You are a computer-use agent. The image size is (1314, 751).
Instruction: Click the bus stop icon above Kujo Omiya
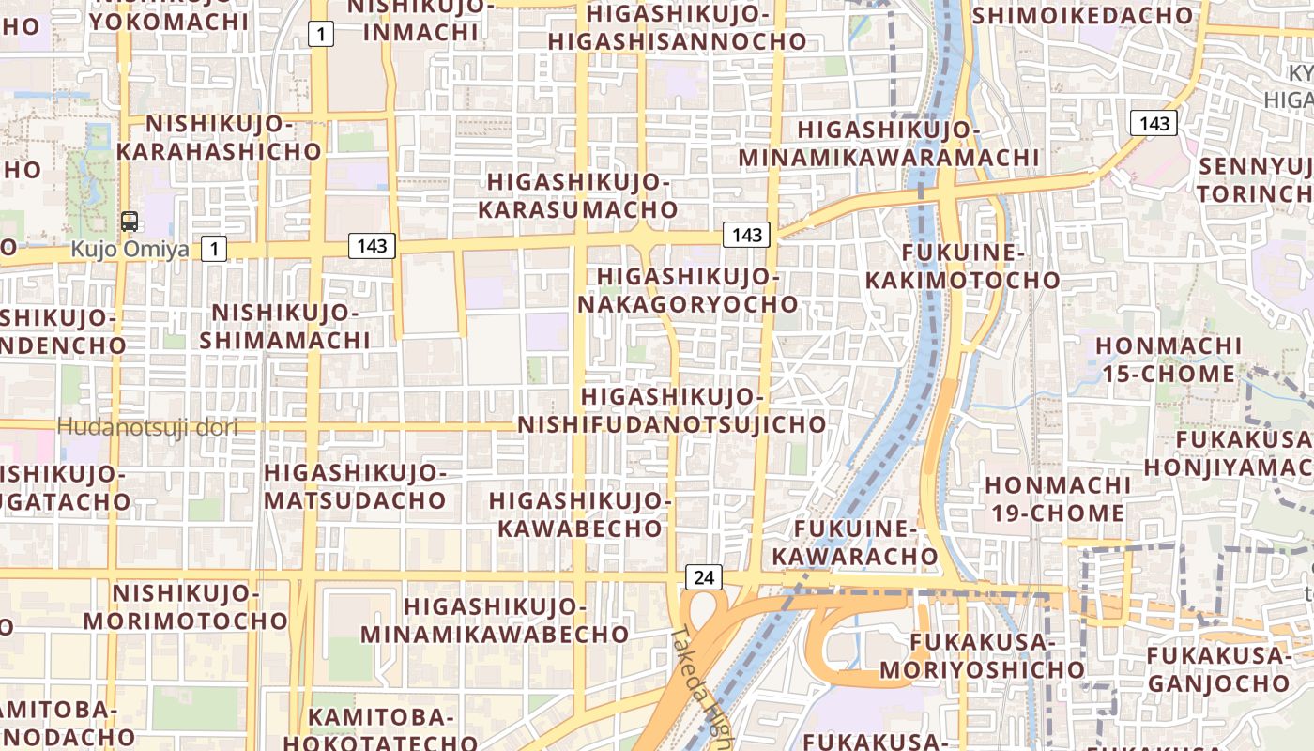[x=130, y=222]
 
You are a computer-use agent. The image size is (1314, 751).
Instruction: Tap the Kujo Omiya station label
[x=130, y=250]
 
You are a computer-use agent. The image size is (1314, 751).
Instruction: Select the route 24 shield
[x=705, y=577]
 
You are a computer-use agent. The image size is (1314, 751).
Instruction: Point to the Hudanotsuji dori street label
[x=147, y=427]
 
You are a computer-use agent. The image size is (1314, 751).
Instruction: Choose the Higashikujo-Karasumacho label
[x=577, y=195]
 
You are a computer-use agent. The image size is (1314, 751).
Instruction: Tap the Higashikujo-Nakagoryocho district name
[x=687, y=290]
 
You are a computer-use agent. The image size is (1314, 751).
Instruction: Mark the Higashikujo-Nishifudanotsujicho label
[x=671, y=410]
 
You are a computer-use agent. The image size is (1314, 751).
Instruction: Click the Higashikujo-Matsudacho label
[x=354, y=485]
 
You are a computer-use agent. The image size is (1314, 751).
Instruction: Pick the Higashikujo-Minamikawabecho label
[x=495, y=621]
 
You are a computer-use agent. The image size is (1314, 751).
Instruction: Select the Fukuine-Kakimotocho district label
[x=962, y=266]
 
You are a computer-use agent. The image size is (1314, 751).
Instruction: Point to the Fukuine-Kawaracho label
[x=854, y=542]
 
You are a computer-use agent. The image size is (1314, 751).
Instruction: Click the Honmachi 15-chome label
[x=1169, y=360]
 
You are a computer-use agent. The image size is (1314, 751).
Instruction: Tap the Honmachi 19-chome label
[x=1058, y=498]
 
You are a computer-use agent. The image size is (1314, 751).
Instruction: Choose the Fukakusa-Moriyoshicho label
[x=982, y=655]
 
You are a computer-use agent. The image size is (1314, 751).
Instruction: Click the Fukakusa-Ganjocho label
[x=1218, y=668]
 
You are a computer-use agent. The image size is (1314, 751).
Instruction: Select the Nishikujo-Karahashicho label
[x=220, y=137]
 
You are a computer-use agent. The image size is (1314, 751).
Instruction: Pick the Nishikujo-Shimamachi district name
[x=284, y=326]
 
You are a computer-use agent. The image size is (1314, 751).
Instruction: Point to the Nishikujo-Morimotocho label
[x=186, y=606]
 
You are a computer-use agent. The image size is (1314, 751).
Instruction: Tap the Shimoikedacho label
[x=1083, y=14]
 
